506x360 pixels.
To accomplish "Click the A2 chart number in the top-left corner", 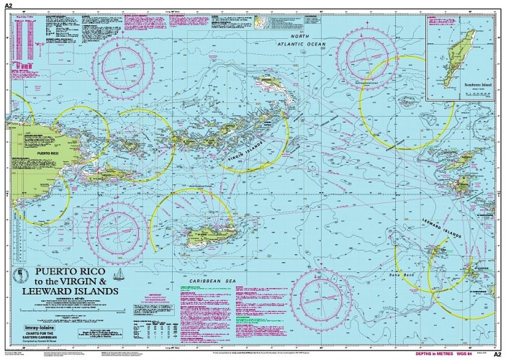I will pos(9,5).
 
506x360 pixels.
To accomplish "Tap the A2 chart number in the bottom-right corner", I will pos(496,354).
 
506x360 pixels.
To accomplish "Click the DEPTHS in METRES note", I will pos(433,354).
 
